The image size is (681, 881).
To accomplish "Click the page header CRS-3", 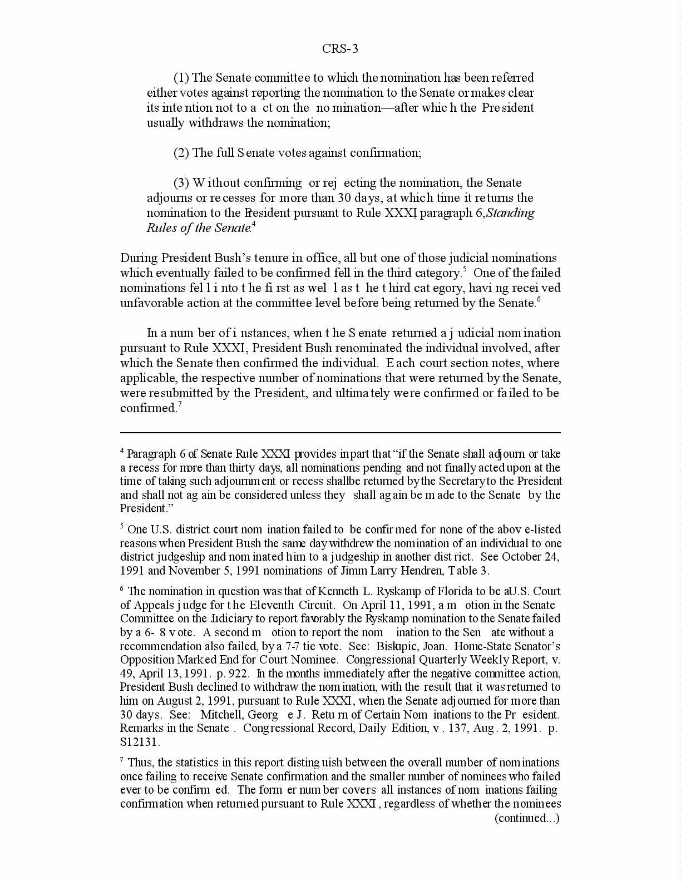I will pos(340,49).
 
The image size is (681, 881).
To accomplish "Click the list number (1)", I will pos(181,78).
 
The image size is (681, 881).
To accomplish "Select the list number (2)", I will pos(181,153).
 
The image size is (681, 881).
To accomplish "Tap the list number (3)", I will pos(181,183).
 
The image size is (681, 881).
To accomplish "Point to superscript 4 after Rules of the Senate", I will pos(254,225).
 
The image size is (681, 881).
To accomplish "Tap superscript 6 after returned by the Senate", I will pos(539,300).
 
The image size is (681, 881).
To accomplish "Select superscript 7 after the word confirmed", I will pos(180,405).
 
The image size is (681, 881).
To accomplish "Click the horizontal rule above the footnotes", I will pos(340,432).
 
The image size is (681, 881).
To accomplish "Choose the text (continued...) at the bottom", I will pos(527,818).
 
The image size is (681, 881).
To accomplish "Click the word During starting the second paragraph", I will pos(139,258).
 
